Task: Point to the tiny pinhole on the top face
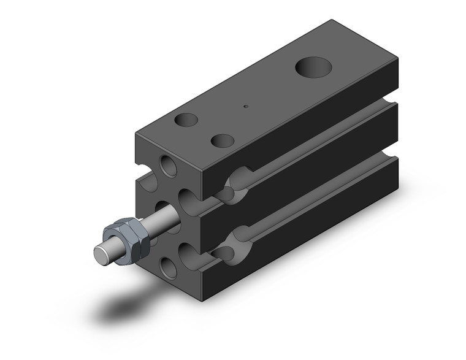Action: coord(246,105)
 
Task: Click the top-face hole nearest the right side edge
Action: coord(223,140)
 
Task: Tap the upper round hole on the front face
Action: coord(167,166)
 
